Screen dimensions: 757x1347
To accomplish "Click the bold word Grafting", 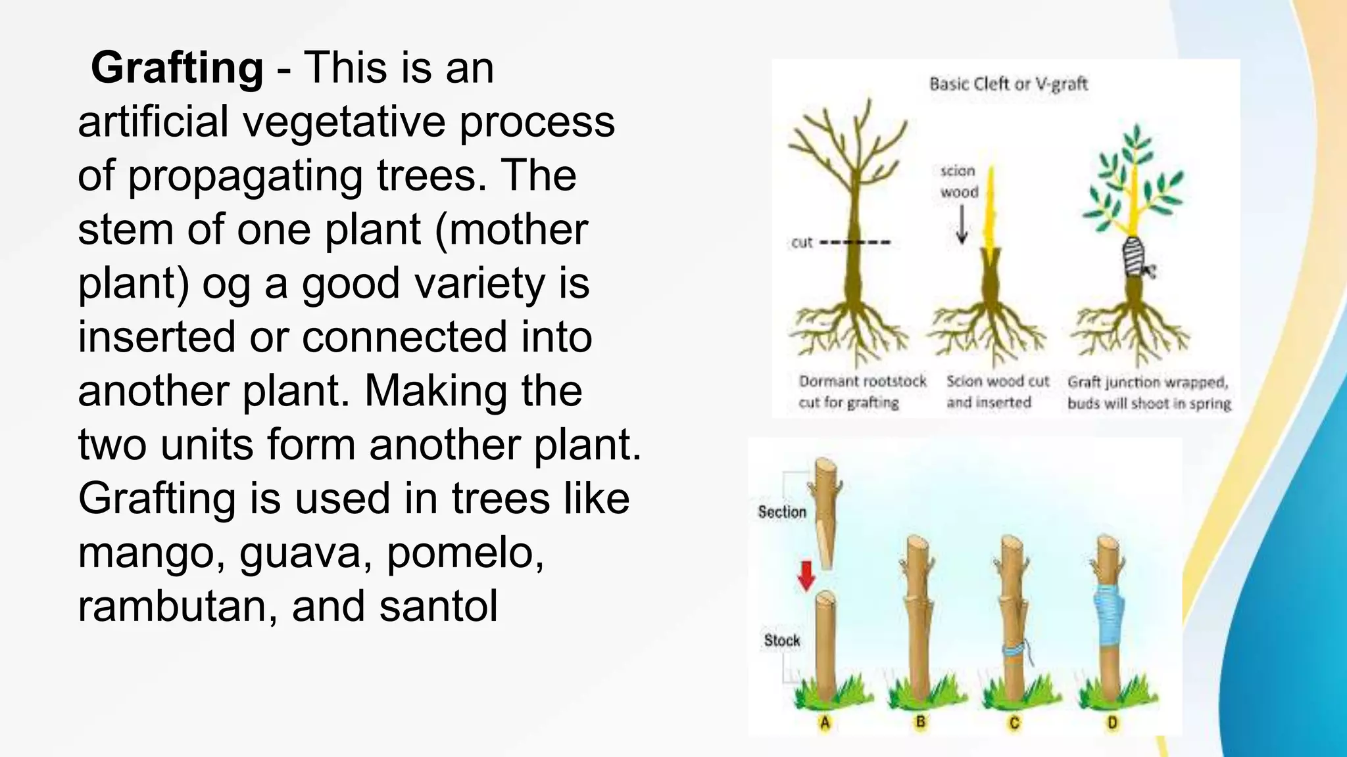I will pyautogui.click(x=177, y=68).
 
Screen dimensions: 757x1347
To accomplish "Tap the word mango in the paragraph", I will pyautogui.click(x=153, y=553).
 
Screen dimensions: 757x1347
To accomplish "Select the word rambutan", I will pyautogui.click(x=177, y=607).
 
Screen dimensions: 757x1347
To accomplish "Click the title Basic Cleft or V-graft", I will pyautogui.click(x=1008, y=84).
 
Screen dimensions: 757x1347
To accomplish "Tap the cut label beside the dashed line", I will pyautogui.click(x=802, y=242).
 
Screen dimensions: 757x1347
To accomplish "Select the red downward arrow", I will pyautogui.click(x=806, y=576).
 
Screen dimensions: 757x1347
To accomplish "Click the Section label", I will pyautogui.click(x=781, y=512).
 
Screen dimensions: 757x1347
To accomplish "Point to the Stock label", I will pyautogui.click(x=781, y=640).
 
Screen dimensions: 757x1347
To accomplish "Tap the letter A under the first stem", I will pyautogui.click(x=825, y=723).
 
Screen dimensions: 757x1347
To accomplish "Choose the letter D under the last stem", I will pyautogui.click(x=1112, y=723).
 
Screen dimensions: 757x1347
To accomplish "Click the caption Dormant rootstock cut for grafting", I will pyautogui.click(x=862, y=392).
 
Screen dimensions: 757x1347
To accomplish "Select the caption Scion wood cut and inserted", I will pyautogui.click(x=997, y=392).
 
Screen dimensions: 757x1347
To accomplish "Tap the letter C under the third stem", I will pyautogui.click(x=1014, y=723).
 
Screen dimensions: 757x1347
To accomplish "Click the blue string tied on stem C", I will pyautogui.click(x=1017, y=651).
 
